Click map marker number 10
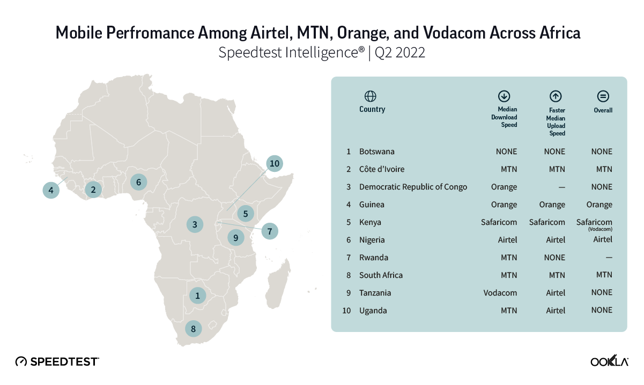point(275,163)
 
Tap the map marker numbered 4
point(51,190)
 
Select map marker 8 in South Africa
point(194,329)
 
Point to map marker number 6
point(138,182)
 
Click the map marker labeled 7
point(270,231)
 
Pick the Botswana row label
point(376,152)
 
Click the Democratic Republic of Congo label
point(413,187)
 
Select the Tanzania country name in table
point(375,293)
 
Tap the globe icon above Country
point(370,96)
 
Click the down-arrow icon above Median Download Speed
point(504,96)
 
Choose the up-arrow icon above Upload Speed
point(556,96)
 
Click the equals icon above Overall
point(603,96)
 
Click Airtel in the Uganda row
point(556,311)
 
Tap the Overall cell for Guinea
point(599,205)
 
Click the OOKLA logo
point(609,361)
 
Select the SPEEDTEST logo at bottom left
point(57,361)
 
